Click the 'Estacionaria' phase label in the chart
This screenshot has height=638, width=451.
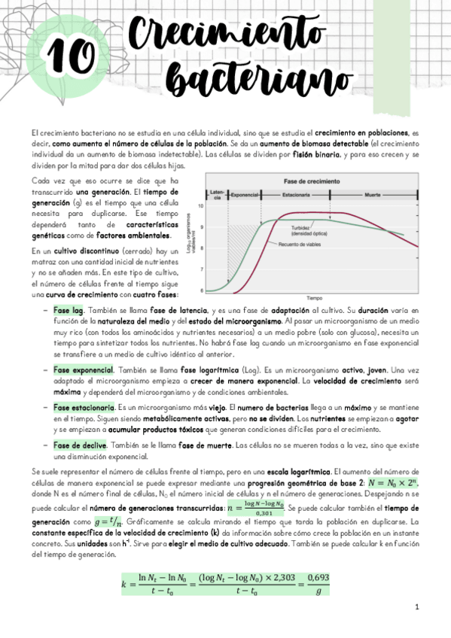[297, 194]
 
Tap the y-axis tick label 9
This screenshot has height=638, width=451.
[200, 226]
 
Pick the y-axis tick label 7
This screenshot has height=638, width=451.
[200, 269]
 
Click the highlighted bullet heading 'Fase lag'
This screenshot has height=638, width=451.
[68, 310]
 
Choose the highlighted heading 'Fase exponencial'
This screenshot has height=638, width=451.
[83, 369]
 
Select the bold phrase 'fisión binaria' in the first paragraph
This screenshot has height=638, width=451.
[316, 154]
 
